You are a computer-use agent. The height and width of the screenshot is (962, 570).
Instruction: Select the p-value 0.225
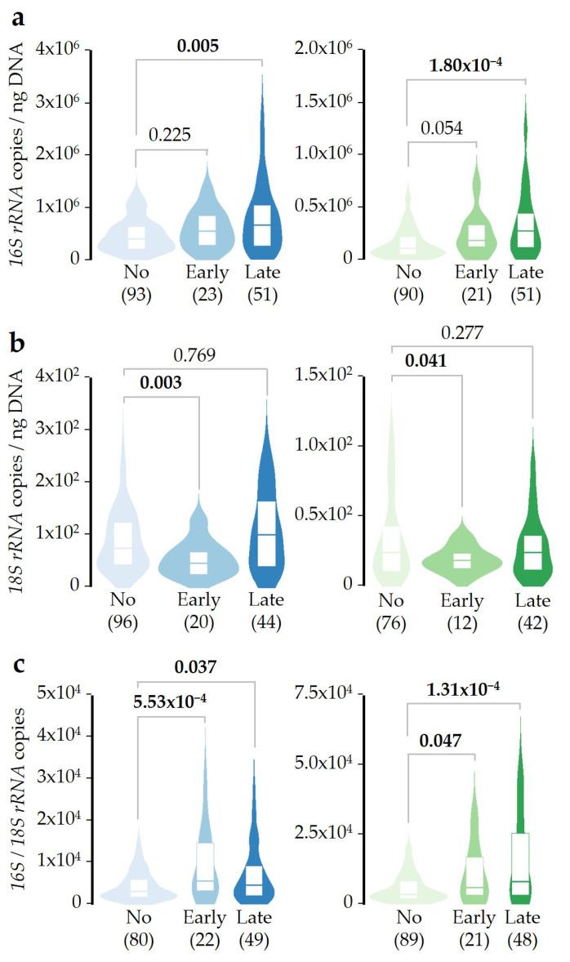(170, 135)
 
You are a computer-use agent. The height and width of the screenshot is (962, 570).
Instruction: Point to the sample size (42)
(532, 622)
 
